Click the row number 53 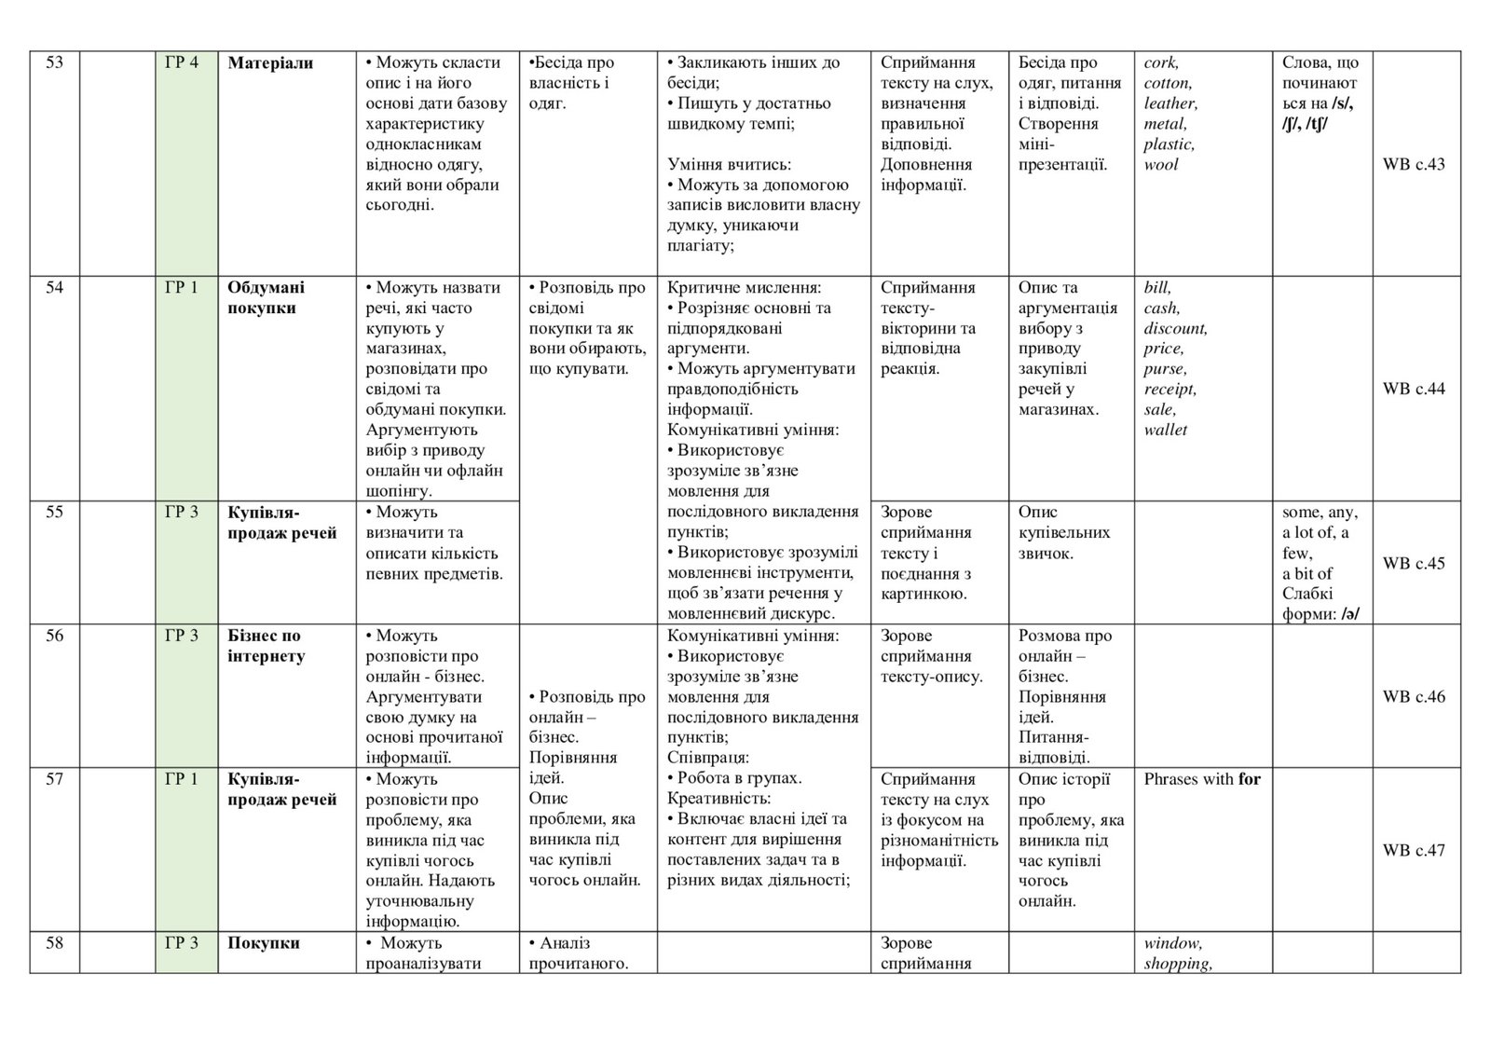[54, 62]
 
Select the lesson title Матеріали [270, 62]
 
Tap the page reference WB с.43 [1414, 164]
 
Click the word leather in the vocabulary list [1170, 103]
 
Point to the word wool [1161, 164]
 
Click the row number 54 [54, 287]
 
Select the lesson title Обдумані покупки [267, 297]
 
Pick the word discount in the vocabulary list [1175, 328]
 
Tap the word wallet [1166, 430]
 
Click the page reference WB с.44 [1414, 389]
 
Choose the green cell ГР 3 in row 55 [182, 512]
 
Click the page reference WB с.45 [1414, 563]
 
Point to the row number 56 [54, 636]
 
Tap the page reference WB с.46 [1414, 696]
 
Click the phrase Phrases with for [1202, 779]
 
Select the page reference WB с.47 [1414, 850]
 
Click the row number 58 [54, 943]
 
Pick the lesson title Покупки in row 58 [264, 943]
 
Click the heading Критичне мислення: [751, 287]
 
